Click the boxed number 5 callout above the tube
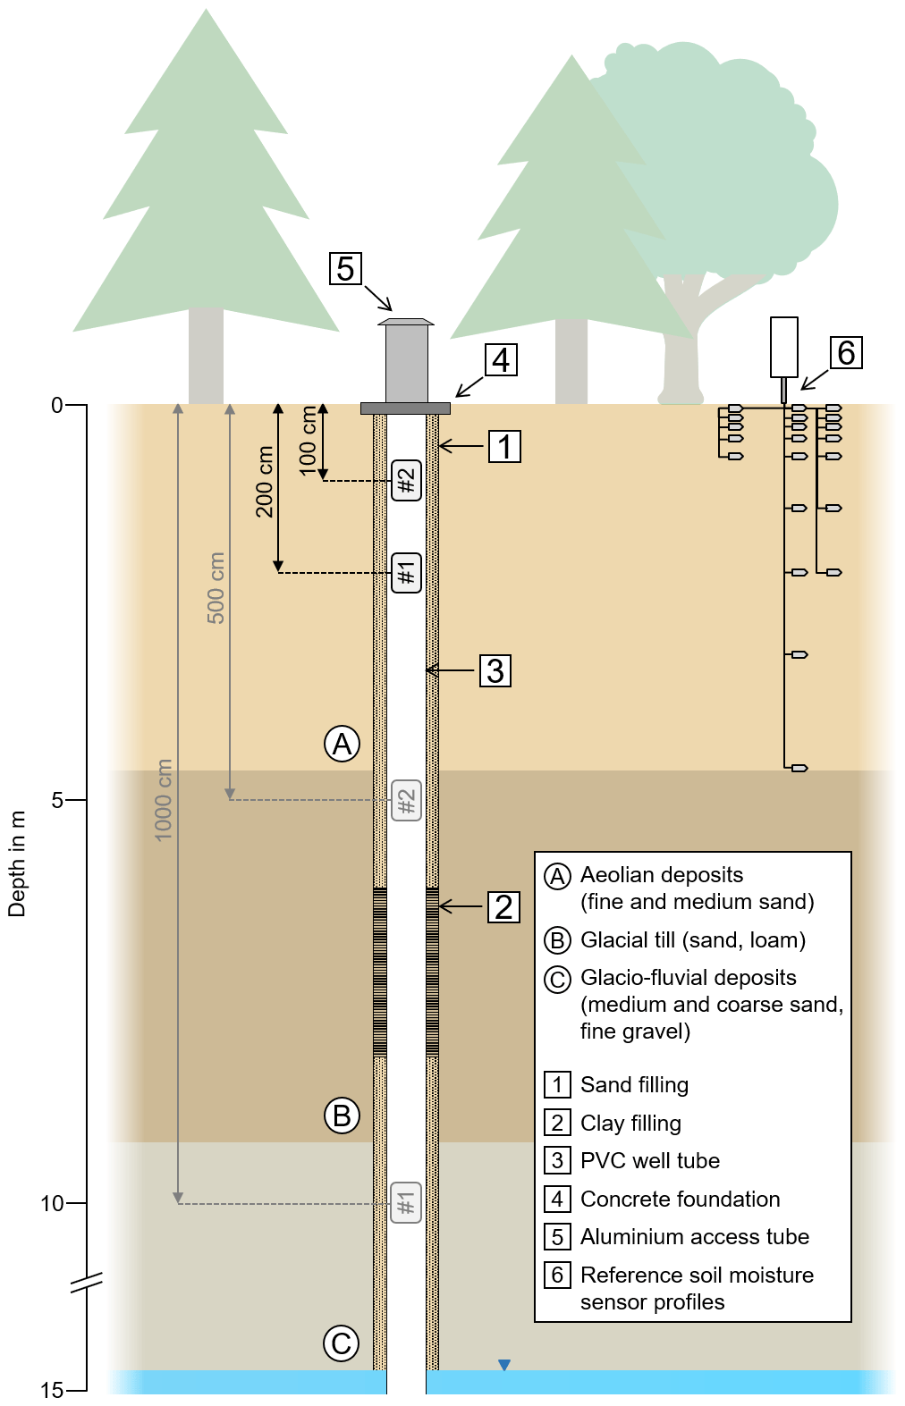(x=345, y=268)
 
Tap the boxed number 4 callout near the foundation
(x=501, y=359)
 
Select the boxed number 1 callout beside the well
(x=504, y=446)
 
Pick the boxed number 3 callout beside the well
(x=495, y=670)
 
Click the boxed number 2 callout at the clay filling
(x=503, y=907)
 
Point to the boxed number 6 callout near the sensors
(x=846, y=352)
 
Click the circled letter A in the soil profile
(x=342, y=744)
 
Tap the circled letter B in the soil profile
(x=342, y=1116)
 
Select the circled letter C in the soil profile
(x=341, y=1343)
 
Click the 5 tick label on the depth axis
(x=57, y=800)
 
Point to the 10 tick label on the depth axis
(x=52, y=1203)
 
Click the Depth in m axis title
(x=17, y=863)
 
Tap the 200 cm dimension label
(x=265, y=482)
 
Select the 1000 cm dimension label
(x=163, y=799)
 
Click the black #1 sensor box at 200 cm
(x=407, y=572)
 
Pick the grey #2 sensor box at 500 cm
(x=406, y=800)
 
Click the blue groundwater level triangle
(x=504, y=1365)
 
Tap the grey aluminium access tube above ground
(x=406, y=362)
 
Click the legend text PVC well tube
(x=650, y=1160)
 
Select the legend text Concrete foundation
(x=681, y=1199)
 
